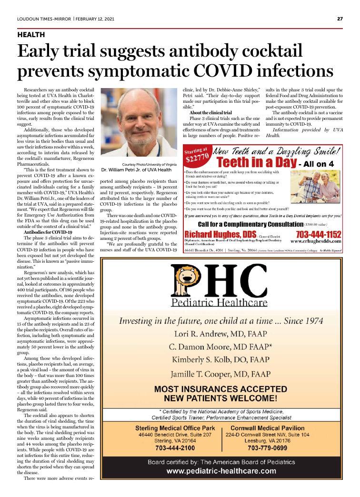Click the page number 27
click(x=340, y=19)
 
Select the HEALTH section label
click(x=31, y=35)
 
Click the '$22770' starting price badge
click(x=197, y=155)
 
